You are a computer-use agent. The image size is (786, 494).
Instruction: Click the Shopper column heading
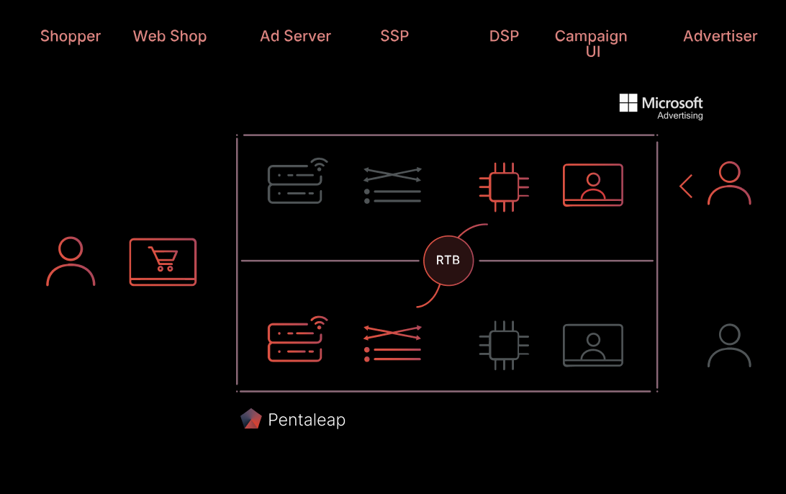[71, 36]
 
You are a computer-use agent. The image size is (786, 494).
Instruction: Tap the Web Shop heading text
[169, 36]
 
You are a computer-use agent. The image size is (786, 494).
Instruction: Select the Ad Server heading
[295, 36]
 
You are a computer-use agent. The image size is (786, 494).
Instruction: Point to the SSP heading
[394, 36]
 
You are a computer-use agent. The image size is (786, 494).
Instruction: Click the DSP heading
[504, 36]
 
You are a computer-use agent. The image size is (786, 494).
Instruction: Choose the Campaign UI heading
[591, 43]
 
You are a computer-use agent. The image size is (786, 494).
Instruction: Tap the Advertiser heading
[720, 36]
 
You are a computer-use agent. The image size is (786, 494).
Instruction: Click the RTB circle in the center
[448, 260]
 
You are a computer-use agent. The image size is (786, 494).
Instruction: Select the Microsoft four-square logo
[628, 103]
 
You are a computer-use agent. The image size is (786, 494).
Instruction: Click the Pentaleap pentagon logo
[251, 419]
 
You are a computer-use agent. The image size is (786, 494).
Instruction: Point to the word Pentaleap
[307, 420]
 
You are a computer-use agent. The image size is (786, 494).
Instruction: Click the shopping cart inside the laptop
[163, 259]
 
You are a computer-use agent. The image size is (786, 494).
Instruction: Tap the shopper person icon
[71, 261]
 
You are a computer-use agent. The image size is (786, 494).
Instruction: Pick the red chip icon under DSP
[504, 187]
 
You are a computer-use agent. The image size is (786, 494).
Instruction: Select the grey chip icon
[504, 345]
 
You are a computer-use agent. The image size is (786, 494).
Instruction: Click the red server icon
[297, 339]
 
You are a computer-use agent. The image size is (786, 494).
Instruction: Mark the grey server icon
[297, 181]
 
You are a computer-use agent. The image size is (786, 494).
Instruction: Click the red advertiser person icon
[729, 183]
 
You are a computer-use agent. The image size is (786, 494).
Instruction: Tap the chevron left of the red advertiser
[685, 186]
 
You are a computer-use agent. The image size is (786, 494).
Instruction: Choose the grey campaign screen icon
[593, 345]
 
